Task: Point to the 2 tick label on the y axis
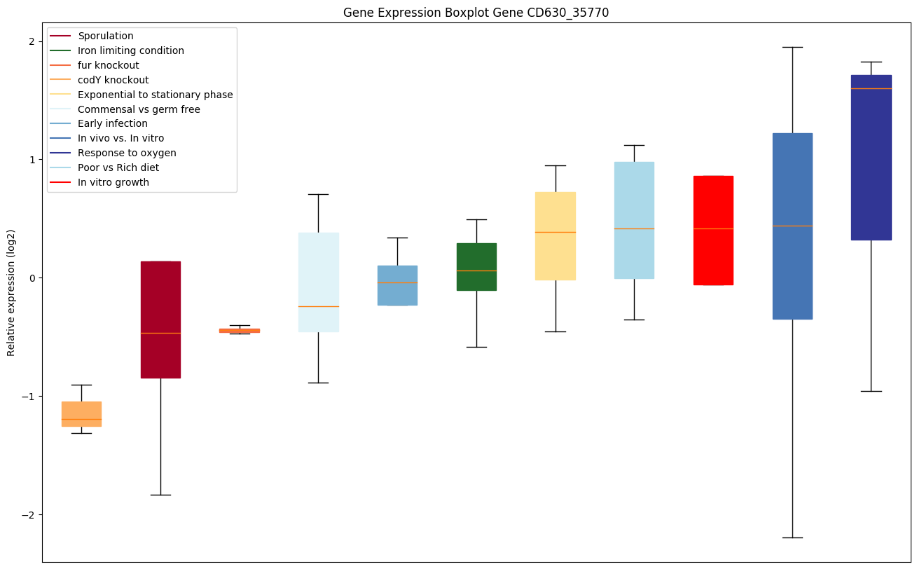coord(31,41)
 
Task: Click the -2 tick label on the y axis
coord(28,515)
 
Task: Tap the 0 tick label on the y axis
coord(31,278)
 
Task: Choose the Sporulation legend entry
coord(106,36)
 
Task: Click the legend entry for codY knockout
coord(113,80)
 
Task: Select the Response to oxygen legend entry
coord(127,153)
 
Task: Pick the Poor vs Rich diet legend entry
coord(118,167)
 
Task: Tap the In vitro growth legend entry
coord(113,182)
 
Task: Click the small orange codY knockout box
coord(81,413)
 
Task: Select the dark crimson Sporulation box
coord(160,319)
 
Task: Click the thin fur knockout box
coord(240,330)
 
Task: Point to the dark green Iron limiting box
coord(476,266)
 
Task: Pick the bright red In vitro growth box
coord(713,230)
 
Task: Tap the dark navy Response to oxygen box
coord(871,158)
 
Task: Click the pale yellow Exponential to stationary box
coord(556,235)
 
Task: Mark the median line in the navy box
coord(871,88)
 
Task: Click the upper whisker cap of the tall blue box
coord(792,47)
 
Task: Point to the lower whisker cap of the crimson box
coord(160,495)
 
